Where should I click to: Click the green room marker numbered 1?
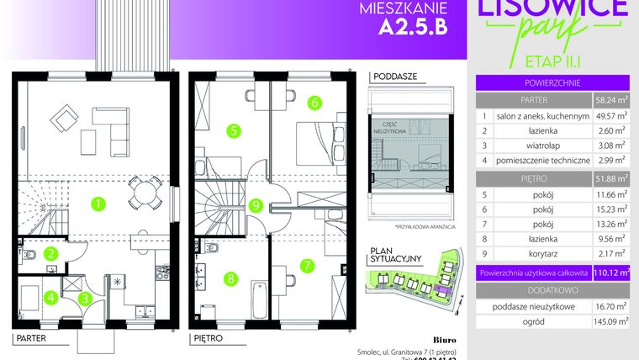(x=99, y=203)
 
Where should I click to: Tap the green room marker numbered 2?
(x=50, y=251)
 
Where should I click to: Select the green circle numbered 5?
(x=234, y=130)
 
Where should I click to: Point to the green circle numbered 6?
(x=313, y=103)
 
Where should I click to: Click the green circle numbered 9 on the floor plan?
(x=256, y=204)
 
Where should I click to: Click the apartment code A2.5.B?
(x=407, y=27)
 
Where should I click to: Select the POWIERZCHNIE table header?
(x=552, y=82)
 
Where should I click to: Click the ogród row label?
(x=553, y=320)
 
